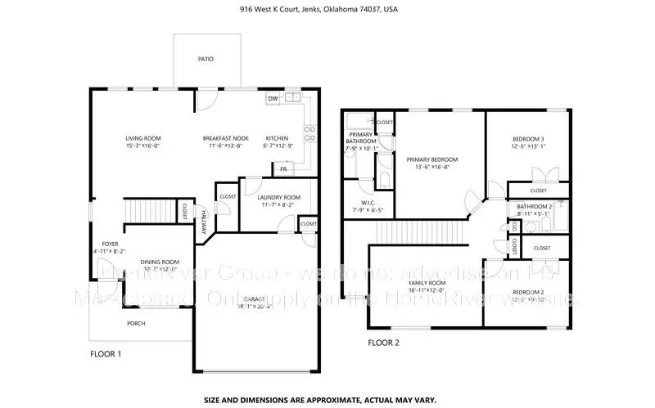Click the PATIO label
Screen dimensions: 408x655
(x=206, y=59)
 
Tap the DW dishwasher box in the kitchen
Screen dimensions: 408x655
(x=272, y=99)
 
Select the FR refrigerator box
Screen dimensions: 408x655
(x=283, y=168)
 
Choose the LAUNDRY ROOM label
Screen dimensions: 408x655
(x=278, y=197)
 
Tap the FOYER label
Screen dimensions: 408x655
(x=111, y=244)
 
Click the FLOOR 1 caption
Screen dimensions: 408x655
(x=106, y=354)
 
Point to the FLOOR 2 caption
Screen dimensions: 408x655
(x=383, y=343)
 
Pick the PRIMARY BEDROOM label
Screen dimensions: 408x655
(x=432, y=159)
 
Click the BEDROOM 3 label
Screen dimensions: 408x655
(x=527, y=139)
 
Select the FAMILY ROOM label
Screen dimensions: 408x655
(x=427, y=282)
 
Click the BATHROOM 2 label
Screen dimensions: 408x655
(x=535, y=207)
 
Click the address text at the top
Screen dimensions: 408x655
(x=327, y=9)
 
